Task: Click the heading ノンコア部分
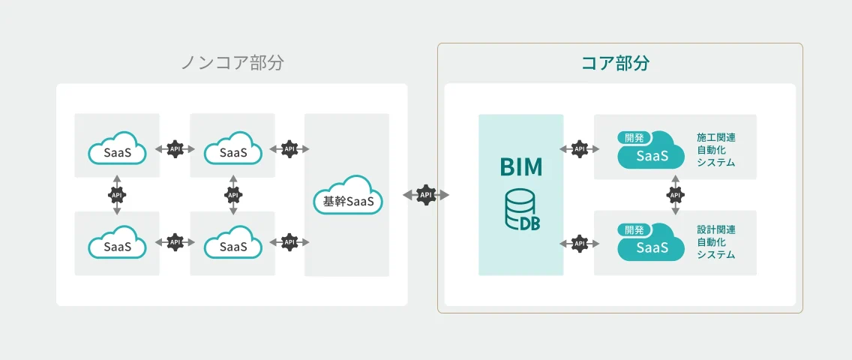232,63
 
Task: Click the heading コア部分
615,63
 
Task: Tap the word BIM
521,166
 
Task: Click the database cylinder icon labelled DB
521,211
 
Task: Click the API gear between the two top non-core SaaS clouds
175,149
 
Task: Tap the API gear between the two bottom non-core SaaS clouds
175,242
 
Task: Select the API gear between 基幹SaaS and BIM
426,195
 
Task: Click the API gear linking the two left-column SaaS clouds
117,195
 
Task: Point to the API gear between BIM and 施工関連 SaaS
579,149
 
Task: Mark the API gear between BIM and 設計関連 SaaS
579,243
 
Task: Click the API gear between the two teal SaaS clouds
675,195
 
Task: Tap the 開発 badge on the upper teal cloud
634,138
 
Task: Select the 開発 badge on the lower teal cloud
634,230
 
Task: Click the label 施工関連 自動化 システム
715,150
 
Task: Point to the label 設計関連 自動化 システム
715,242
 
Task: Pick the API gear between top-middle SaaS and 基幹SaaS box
289,149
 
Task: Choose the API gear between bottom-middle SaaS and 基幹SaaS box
289,242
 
